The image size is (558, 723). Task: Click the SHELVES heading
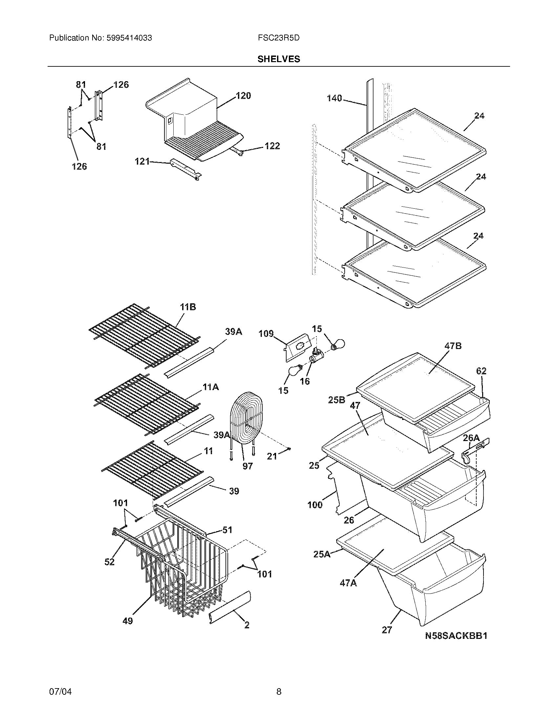[x=279, y=59]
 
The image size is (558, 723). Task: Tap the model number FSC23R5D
[x=279, y=38]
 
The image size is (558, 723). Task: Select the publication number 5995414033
[x=129, y=38]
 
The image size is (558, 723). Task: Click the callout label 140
[x=334, y=98]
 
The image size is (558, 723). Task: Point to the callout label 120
[x=243, y=96]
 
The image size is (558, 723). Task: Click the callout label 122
[x=272, y=146]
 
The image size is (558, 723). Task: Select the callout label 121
[x=142, y=162]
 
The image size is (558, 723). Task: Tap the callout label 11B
[x=188, y=307]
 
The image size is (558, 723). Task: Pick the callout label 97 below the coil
[x=247, y=466]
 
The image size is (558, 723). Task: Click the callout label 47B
[x=453, y=346]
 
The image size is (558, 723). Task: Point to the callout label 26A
[x=471, y=438]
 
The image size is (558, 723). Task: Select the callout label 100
[x=315, y=505]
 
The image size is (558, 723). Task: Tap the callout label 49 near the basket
[x=128, y=621]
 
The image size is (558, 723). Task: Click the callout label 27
[x=387, y=630]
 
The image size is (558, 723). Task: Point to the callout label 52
[x=109, y=561]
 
